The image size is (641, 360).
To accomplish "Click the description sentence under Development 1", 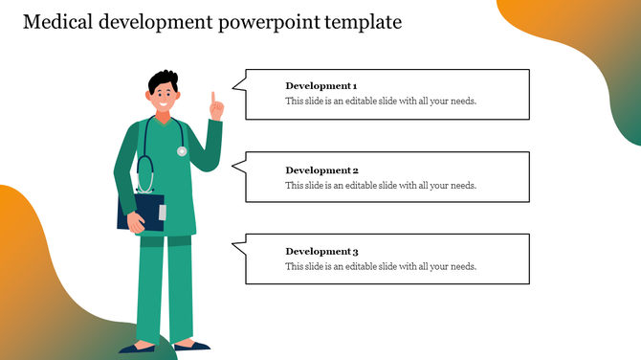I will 380,101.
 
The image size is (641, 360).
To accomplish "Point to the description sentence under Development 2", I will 380,185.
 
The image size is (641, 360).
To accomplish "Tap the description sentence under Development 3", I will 380,266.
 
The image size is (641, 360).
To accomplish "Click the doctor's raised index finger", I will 214,97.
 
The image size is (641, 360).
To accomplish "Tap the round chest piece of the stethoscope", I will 182,150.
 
